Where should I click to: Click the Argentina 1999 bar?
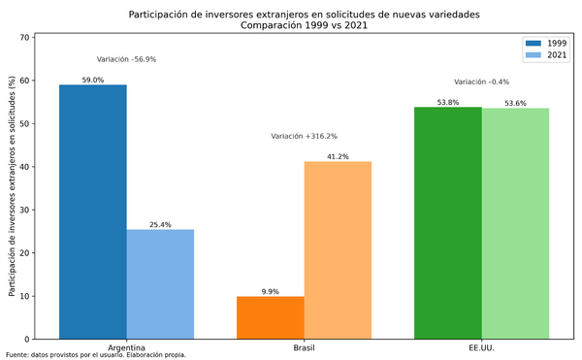[93, 212]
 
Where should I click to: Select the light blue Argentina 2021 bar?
[160, 283]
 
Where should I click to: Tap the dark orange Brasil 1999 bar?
[271, 317]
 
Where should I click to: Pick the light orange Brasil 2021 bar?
[338, 249]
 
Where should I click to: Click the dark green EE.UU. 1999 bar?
[447, 223]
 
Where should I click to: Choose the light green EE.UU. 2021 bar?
[515, 223]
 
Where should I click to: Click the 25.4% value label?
[160, 225]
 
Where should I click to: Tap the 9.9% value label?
[271, 291]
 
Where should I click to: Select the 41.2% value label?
[338, 157]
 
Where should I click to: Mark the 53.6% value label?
[515, 104]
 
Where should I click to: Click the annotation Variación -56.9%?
[127, 59]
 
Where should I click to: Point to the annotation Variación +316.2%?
[305, 137]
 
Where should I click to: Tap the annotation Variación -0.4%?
[481, 82]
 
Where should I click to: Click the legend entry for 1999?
[546, 43]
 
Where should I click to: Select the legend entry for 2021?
[546, 55]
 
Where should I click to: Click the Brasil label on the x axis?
[304, 347]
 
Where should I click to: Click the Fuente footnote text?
[95, 355]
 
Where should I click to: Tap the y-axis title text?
[12, 186]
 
